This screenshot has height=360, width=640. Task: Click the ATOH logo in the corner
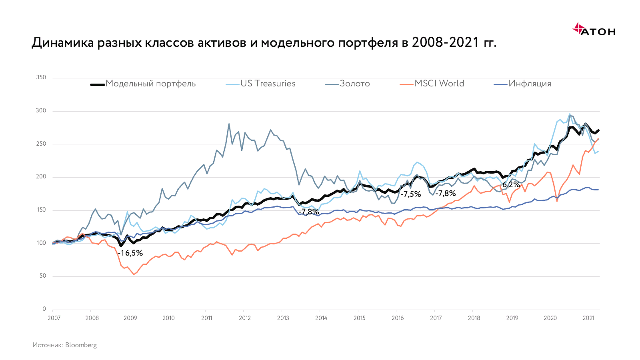tap(594, 30)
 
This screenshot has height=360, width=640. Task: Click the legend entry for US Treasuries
tap(268, 84)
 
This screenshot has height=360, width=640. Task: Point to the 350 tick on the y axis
tap(41, 77)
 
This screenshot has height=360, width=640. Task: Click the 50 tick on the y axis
tap(43, 276)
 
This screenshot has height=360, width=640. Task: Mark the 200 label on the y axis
tap(41, 176)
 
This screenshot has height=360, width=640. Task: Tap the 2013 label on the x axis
tap(283, 318)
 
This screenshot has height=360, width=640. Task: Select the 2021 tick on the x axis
tap(588, 318)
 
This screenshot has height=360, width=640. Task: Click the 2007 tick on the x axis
tap(54, 318)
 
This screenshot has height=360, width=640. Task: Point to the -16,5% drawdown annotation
tap(130, 253)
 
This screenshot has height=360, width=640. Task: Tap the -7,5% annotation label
tap(411, 194)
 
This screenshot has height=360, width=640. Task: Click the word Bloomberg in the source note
tap(81, 345)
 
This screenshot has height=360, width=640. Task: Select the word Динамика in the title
tap(63, 42)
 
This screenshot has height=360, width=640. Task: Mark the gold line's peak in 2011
tap(229, 124)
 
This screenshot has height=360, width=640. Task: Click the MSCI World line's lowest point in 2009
tap(134, 274)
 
